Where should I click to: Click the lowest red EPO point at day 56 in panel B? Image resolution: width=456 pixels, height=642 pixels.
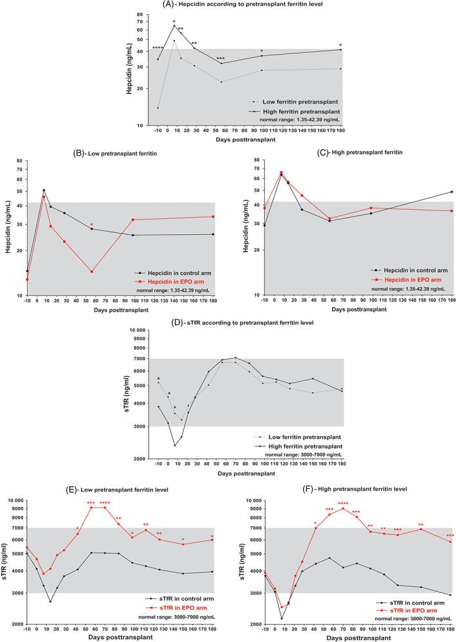pyautogui.click(x=92, y=271)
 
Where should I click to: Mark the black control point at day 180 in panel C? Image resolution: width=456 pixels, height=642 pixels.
pyautogui.click(x=451, y=192)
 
